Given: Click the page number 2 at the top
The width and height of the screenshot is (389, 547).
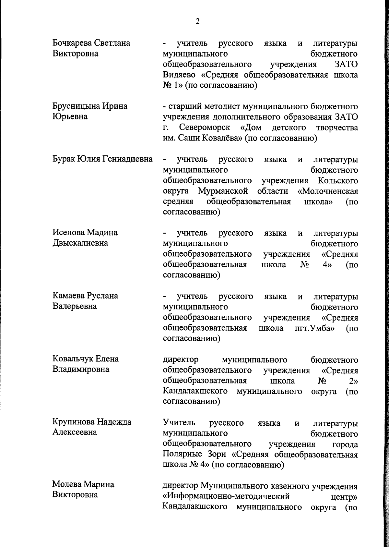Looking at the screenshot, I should coord(197,22).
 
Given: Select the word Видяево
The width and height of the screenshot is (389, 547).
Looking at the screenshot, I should coord(180,75).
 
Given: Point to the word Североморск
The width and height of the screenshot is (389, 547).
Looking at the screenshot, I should coord(205,128).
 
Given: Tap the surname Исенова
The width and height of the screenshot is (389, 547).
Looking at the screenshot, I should coord(68,233).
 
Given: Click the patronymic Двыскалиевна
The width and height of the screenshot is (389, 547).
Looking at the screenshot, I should coord(80,243).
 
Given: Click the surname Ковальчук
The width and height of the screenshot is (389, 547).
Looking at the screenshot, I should coord(73,359).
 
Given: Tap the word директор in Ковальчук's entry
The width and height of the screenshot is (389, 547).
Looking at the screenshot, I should coord(181,360).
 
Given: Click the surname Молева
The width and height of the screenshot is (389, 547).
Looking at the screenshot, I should coord(67,484).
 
